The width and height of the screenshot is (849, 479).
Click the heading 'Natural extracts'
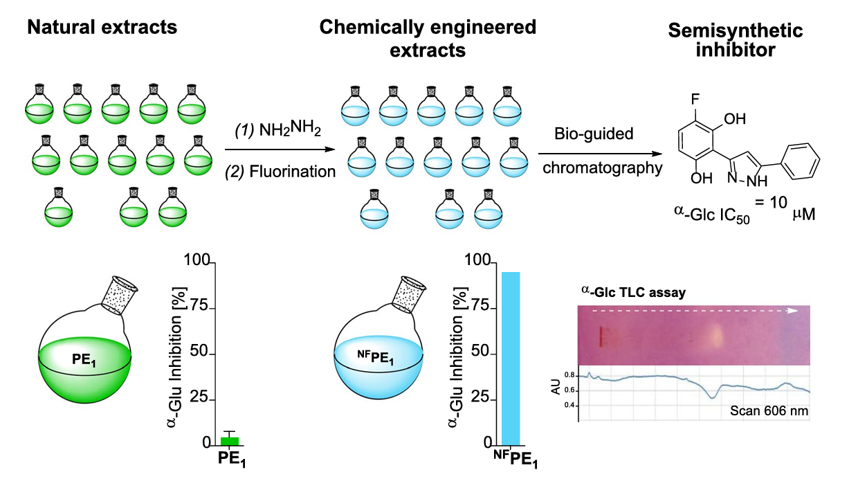click(102, 28)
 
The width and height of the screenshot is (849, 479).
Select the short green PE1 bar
click(229, 440)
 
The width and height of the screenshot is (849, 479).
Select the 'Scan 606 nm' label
click(769, 412)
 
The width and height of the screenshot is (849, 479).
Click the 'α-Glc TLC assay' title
click(633, 293)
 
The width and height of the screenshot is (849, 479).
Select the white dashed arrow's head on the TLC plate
click(792, 310)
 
